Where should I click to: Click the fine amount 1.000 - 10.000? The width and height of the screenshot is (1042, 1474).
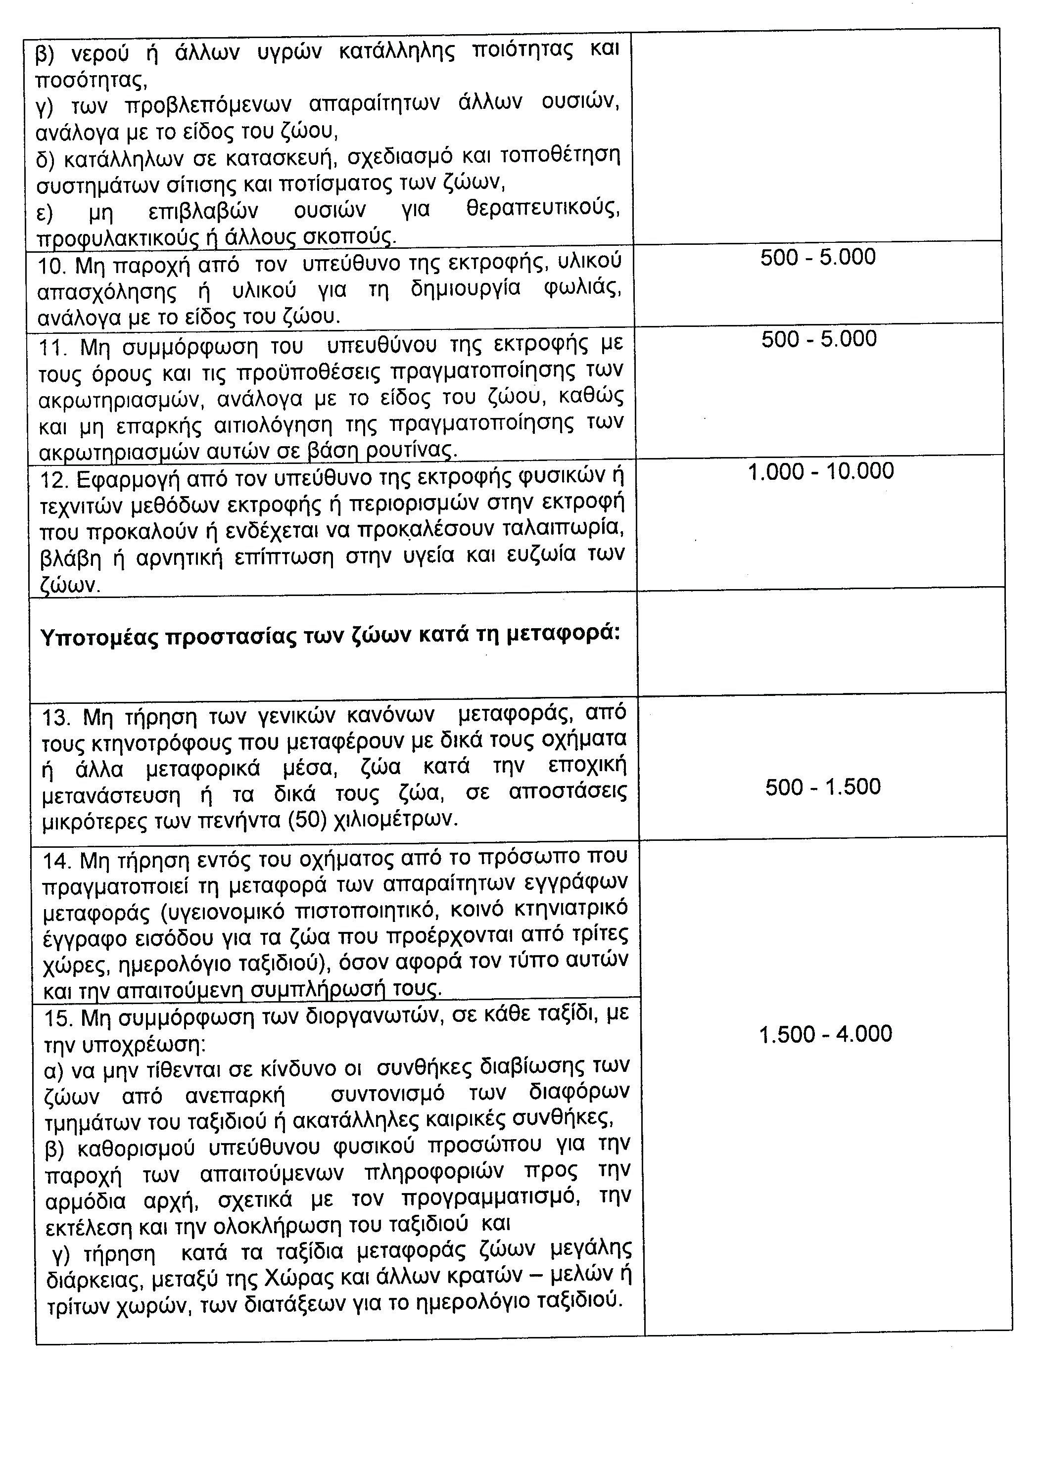pos(820,472)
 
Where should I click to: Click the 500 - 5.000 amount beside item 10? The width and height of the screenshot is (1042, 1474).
pos(817,257)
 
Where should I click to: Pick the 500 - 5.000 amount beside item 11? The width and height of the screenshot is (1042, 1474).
pos(818,339)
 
